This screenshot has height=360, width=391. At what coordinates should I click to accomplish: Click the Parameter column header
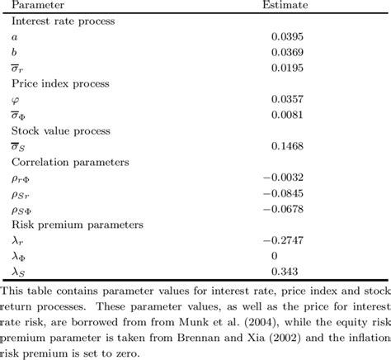[x=39, y=6]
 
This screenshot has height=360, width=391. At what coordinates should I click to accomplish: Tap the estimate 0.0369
[x=288, y=53]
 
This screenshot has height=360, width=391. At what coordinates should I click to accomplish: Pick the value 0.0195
[x=288, y=69]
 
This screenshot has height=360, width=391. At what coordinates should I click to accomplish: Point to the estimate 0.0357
[x=288, y=100]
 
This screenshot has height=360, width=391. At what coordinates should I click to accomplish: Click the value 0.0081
[x=288, y=116]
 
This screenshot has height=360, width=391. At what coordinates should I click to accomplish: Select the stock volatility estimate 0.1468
[x=288, y=147]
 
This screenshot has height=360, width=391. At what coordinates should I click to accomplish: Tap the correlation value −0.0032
[x=284, y=178]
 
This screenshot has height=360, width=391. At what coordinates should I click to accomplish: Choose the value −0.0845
[x=284, y=194]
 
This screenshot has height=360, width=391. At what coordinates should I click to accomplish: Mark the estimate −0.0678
[x=284, y=210]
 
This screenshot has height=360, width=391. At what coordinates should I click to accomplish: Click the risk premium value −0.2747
[x=284, y=241]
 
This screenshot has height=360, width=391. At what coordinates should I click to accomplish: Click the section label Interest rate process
[x=63, y=21]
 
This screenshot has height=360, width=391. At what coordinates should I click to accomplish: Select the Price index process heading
[x=59, y=84]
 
